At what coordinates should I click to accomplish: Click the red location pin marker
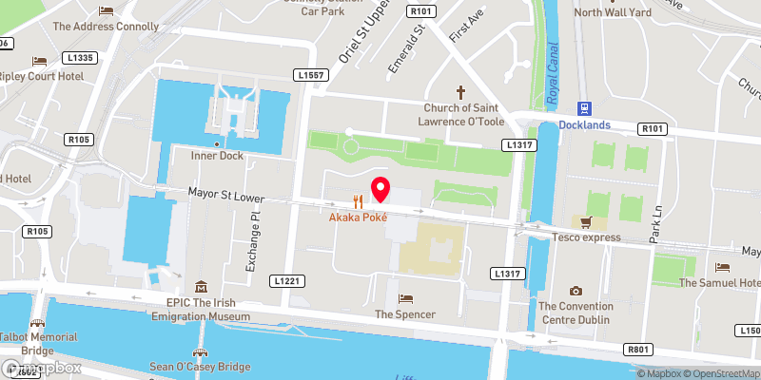tap(380, 188)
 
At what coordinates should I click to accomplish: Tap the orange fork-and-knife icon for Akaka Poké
tap(359, 201)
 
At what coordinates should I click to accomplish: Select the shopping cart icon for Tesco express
tap(587, 222)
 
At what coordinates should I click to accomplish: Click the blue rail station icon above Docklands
tap(586, 108)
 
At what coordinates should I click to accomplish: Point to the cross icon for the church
tap(461, 92)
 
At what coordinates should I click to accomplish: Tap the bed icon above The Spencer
tap(405, 298)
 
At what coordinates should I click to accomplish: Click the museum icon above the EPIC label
tap(201, 287)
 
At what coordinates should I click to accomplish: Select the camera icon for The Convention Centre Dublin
tap(575, 291)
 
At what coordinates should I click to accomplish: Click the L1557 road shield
tap(310, 75)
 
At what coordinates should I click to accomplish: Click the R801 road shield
tap(638, 350)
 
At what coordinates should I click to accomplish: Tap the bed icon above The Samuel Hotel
tap(722, 268)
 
